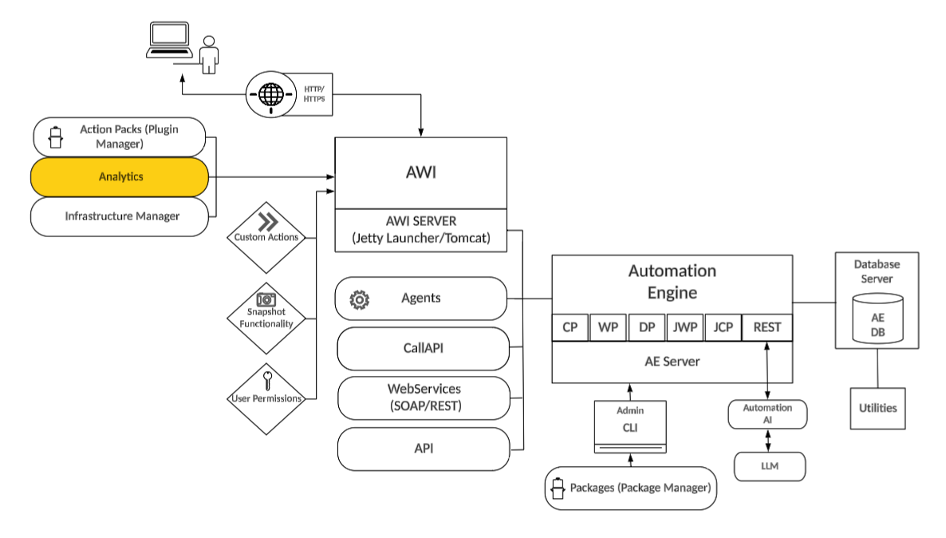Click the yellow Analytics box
pyautogui.click(x=120, y=176)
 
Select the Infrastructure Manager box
pyautogui.click(x=120, y=216)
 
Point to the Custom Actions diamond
pyautogui.click(x=266, y=237)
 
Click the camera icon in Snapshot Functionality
pyautogui.click(x=266, y=299)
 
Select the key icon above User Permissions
pyautogui.click(x=266, y=379)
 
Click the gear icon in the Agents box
pyautogui.click(x=360, y=299)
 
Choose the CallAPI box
pyautogui.click(x=423, y=349)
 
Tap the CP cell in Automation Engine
pyautogui.click(x=570, y=327)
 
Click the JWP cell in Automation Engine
pyautogui.click(x=684, y=327)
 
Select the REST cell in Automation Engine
pyautogui.click(x=767, y=327)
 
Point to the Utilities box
pyautogui.click(x=877, y=408)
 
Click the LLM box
pyautogui.click(x=770, y=466)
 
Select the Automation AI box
pyautogui.click(x=767, y=414)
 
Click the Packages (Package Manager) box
pyautogui.click(x=630, y=488)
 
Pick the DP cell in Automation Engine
pyautogui.click(x=646, y=327)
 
